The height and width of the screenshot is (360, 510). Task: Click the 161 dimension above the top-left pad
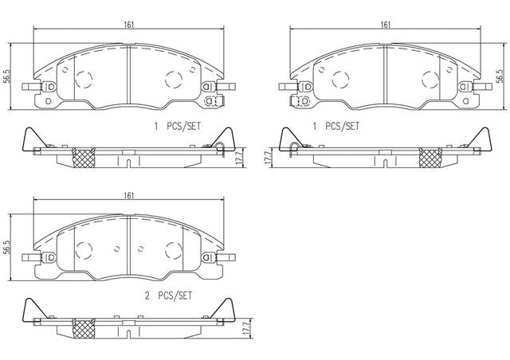coord(129,25)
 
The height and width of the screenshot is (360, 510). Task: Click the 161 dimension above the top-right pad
coord(385,25)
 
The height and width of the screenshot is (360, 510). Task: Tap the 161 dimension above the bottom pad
coord(129,196)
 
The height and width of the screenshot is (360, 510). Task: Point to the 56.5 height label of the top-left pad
coord(6,77)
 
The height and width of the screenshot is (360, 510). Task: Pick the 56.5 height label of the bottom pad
coord(6,248)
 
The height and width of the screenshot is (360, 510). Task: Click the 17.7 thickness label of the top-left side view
coord(241,158)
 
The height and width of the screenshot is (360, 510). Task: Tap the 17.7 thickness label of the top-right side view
coord(268,158)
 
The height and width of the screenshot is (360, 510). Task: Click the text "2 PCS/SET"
coord(168,296)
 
